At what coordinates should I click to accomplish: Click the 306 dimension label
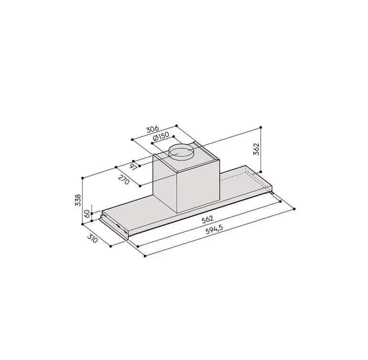tap(153, 129)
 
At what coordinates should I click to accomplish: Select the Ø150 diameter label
tap(161, 137)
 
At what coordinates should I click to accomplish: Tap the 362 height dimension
tap(256, 149)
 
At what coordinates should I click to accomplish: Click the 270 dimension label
tap(123, 180)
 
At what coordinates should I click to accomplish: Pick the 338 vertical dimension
tap(78, 200)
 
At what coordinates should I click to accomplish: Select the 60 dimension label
tap(87, 214)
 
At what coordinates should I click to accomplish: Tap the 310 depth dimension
tap(92, 239)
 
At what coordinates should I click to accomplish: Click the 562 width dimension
tap(207, 219)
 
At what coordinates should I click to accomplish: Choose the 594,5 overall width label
tap(215, 229)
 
